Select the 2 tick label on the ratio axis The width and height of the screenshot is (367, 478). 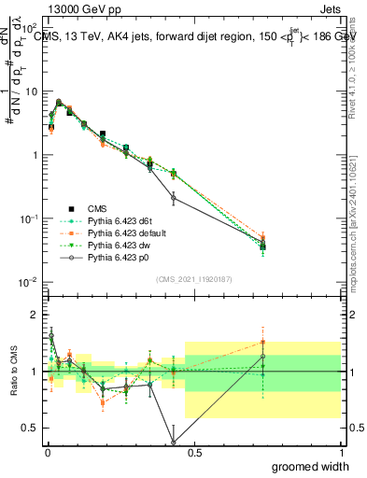[35, 315]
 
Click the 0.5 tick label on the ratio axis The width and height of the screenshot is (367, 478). [31, 429]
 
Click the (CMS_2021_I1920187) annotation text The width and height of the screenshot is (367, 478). [193, 278]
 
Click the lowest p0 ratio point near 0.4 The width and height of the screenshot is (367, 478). [173, 442]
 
